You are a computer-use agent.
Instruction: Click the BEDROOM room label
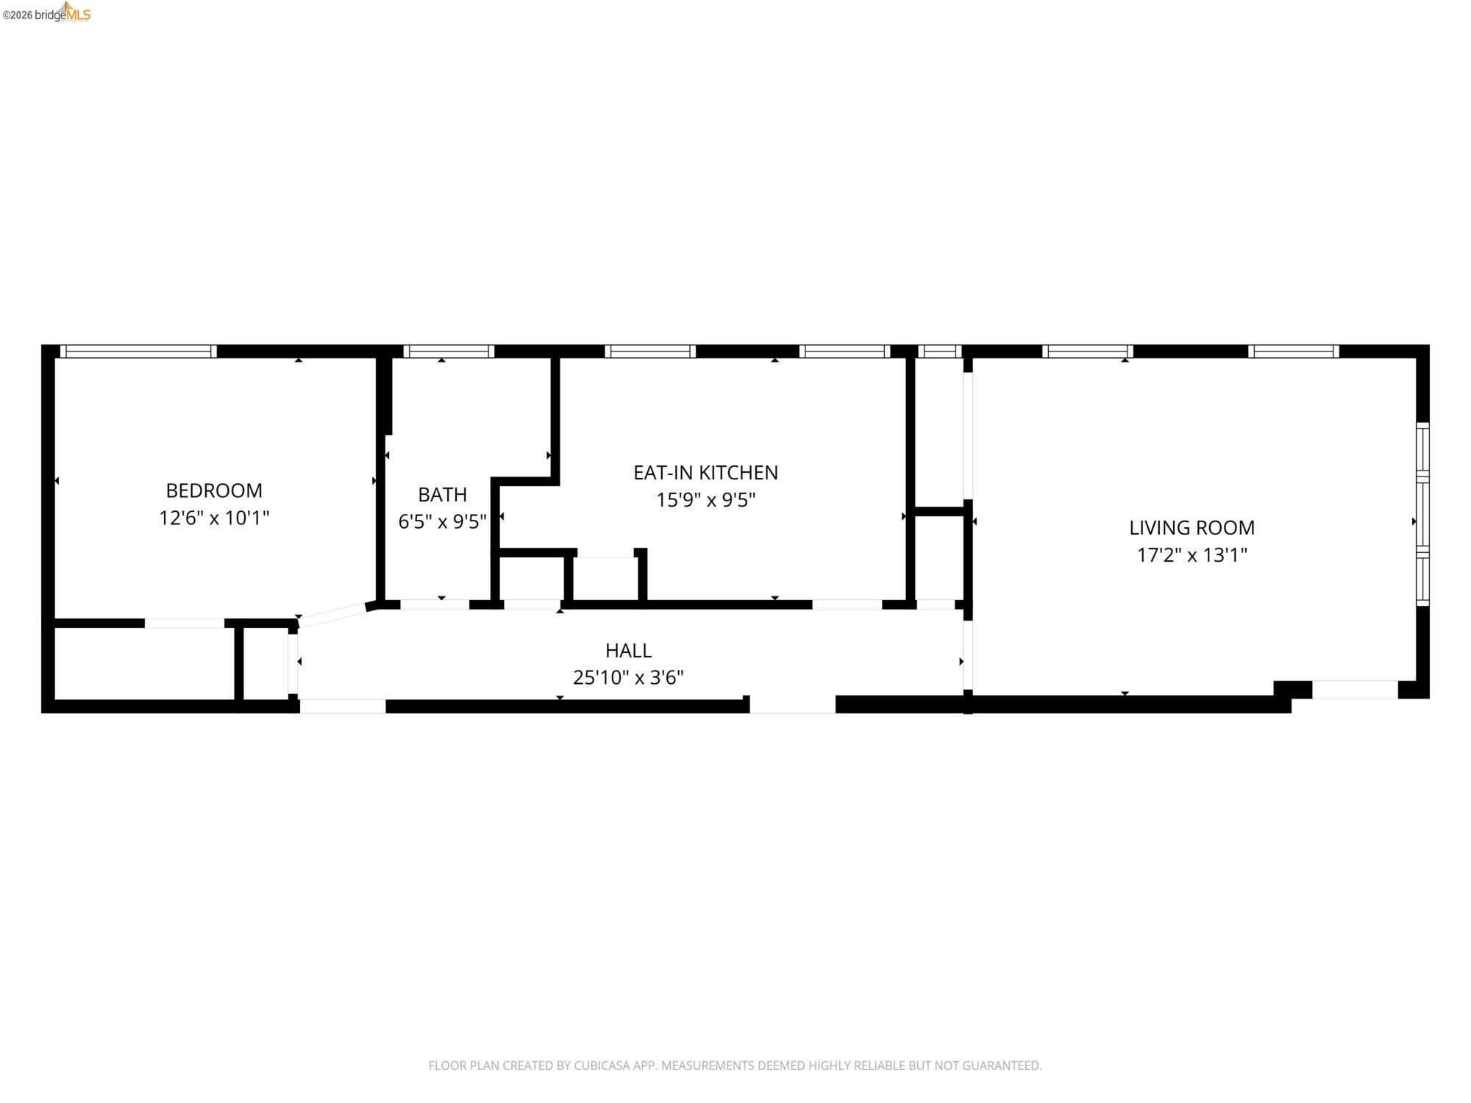[214, 490]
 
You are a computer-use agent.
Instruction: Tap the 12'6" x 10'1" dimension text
[214, 518]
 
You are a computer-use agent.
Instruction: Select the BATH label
[442, 494]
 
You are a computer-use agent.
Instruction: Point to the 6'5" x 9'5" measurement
[442, 522]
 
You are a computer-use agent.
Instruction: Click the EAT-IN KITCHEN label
[705, 473]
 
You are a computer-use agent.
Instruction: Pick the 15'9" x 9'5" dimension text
[705, 500]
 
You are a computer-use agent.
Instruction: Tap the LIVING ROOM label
[1192, 528]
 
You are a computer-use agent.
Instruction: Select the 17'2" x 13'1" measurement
[1192, 555]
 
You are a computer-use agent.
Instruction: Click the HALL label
[628, 651]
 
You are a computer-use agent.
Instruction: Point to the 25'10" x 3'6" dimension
[628, 678]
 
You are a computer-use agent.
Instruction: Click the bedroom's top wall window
[138, 351]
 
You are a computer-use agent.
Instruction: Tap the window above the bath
[449, 351]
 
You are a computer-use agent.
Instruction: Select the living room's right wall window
[1422, 515]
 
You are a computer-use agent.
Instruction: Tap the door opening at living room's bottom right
[1355, 690]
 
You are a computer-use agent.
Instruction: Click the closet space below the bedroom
[144, 663]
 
